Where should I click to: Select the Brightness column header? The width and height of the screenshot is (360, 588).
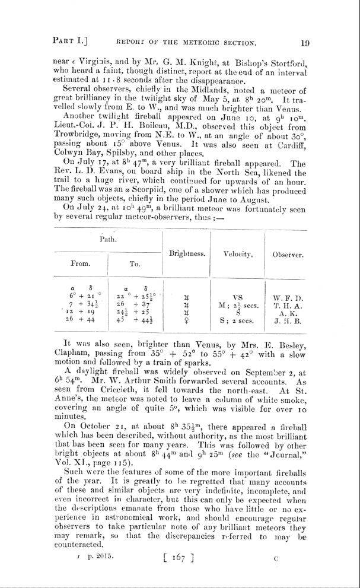pyautogui.click(x=187, y=254)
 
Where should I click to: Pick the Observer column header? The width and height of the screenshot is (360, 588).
pyautogui.click(x=289, y=254)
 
